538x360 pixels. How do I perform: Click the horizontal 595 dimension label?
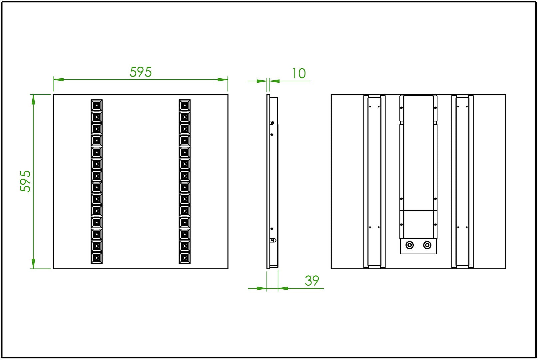(141, 72)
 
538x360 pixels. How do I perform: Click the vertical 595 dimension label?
(25, 181)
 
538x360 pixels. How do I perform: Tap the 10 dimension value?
(298, 74)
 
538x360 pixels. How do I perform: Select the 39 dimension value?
(312, 281)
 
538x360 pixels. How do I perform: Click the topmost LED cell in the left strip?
(97, 105)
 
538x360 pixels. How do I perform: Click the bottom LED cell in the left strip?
(97, 258)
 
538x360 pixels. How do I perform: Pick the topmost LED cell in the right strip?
(185, 105)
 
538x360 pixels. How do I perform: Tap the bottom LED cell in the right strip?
(185, 258)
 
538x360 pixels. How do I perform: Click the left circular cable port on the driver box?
(410, 245)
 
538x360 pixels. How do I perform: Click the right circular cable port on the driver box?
(427, 245)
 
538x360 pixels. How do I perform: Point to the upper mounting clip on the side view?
(272, 123)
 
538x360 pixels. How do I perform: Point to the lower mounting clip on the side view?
(272, 240)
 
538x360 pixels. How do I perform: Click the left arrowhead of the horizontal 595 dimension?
(59, 80)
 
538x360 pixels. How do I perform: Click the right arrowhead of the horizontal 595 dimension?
(223, 80)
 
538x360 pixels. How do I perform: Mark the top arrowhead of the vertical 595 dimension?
(33, 99)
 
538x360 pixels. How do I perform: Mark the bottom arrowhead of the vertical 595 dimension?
(33, 263)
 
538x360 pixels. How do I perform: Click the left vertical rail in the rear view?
(374, 181)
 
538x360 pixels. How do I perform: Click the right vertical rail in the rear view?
(462, 181)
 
